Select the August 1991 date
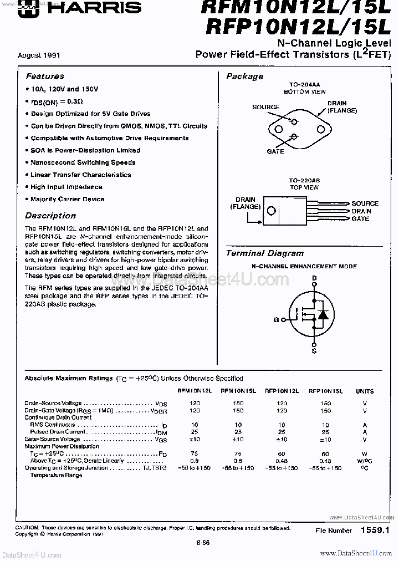39,55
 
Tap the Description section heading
50,216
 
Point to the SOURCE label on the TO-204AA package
266,107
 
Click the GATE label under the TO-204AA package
275,151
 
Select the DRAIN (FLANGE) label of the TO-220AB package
245,203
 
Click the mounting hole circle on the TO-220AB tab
271,211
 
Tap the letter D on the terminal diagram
314,278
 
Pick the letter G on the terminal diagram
276,320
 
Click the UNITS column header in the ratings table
365,391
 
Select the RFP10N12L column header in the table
282,391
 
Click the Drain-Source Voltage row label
53,403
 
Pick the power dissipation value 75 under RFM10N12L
195,453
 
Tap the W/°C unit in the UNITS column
365,461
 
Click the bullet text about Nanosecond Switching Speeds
83,162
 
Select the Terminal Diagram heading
265,253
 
